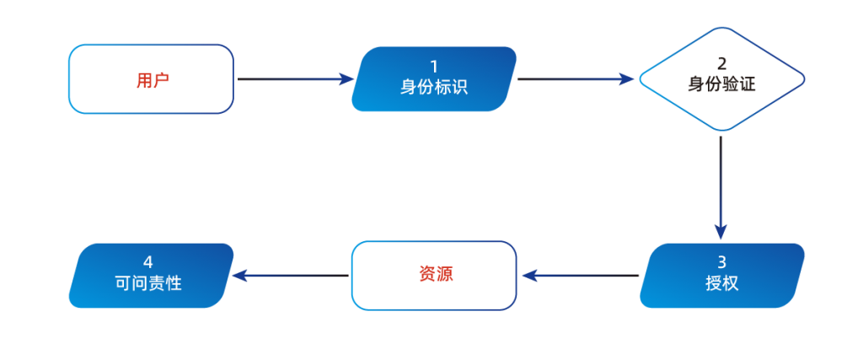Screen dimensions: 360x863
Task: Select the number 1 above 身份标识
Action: click(x=434, y=66)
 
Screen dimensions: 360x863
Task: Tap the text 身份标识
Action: click(x=434, y=86)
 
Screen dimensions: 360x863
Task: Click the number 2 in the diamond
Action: click(x=721, y=64)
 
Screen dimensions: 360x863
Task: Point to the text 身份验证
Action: click(x=721, y=84)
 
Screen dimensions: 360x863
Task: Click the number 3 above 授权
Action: click(x=721, y=261)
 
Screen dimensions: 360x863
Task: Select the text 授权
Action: click(x=721, y=283)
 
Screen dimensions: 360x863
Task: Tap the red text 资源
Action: click(x=436, y=275)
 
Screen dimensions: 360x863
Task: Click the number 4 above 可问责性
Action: click(x=148, y=261)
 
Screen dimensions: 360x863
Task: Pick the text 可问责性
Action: click(x=148, y=283)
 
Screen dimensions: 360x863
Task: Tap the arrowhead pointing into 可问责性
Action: click(x=239, y=276)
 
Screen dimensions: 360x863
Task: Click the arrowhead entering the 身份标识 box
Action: click(x=346, y=79)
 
